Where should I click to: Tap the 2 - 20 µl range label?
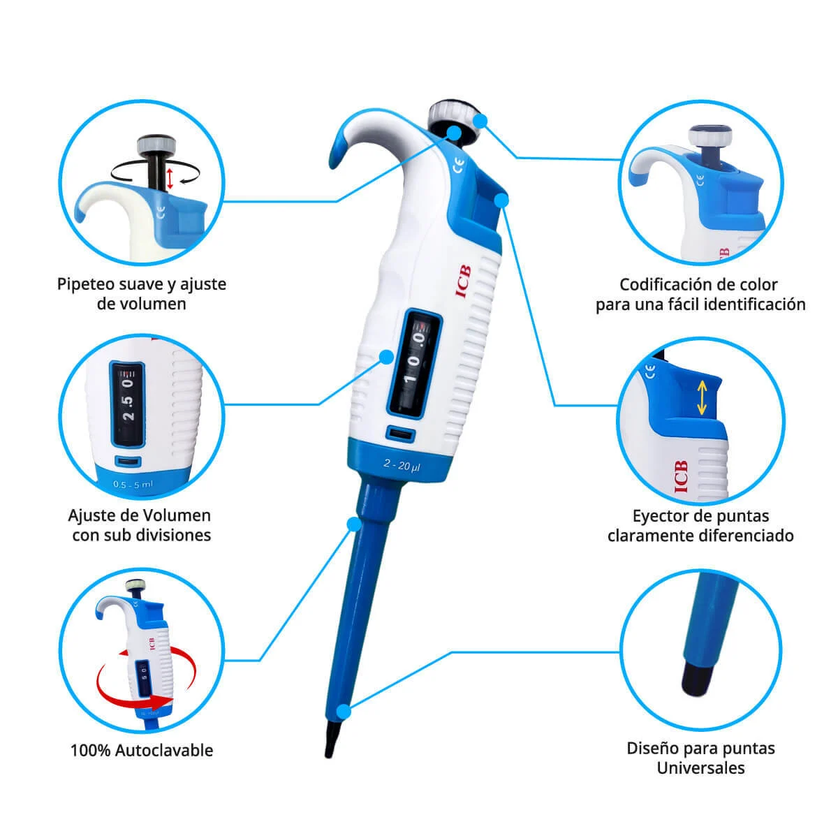click(402, 465)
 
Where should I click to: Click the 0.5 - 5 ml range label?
click(133, 484)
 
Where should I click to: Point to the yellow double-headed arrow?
click(702, 397)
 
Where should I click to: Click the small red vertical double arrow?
click(170, 179)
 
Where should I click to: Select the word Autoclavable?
click(164, 751)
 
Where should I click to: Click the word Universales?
click(700, 768)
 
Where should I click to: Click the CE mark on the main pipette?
click(459, 166)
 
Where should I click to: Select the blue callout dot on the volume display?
click(385, 357)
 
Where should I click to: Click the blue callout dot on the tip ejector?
click(501, 200)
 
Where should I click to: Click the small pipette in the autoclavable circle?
click(135, 657)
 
